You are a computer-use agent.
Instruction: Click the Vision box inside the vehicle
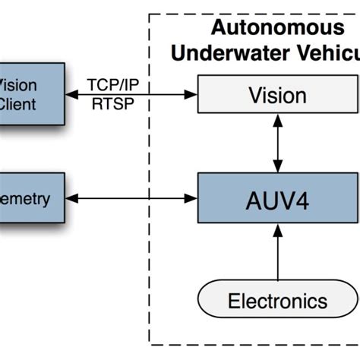[x=278, y=96]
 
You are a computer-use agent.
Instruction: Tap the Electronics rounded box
[x=278, y=301]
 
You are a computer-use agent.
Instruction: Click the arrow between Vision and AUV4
[x=278, y=144]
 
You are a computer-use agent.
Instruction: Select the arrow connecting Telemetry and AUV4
[x=131, y=199]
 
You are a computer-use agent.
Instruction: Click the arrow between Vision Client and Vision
[x=131, y=94]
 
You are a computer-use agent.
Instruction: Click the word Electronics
[x=278, y=301]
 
